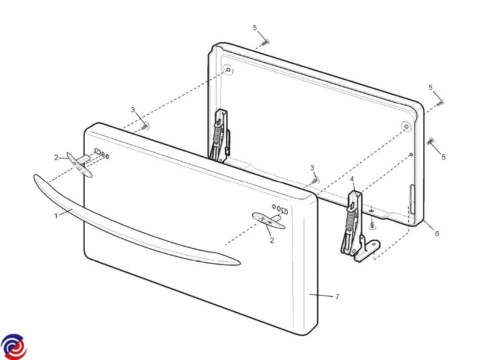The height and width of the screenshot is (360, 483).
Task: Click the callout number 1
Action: point(56,216)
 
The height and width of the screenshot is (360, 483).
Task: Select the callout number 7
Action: point(337,296)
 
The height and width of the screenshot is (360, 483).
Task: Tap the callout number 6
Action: point(437,233)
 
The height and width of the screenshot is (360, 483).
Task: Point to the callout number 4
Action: point(352,179)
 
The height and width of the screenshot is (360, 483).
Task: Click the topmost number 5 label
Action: point(255,28)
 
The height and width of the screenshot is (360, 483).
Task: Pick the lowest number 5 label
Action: point(444,157)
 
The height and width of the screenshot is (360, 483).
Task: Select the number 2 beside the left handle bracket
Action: point(56,157)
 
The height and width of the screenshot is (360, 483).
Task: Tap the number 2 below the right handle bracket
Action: point(272,240)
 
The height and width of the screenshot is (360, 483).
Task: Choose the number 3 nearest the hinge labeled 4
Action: point(312,168)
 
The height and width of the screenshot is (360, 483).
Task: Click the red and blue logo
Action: point(14,347)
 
